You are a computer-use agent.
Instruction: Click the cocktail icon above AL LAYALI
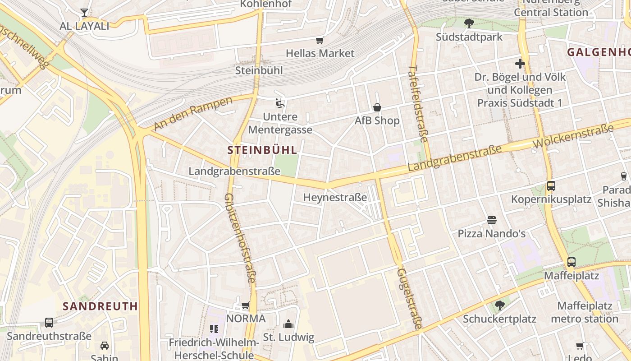point(84,12)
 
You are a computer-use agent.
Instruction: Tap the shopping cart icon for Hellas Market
point(320,41)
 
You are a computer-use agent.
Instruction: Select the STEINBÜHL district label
point(262,150)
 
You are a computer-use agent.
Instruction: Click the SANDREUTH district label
point(100,306)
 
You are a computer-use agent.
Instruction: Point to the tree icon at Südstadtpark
point(469,23)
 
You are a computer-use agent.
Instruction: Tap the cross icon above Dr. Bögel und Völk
point(520,64)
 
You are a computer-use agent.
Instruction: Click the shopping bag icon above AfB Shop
point(377,107)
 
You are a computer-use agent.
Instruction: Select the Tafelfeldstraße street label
point(419,104)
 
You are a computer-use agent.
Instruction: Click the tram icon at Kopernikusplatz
point(551,185)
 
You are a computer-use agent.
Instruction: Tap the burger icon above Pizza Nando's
point(491,220)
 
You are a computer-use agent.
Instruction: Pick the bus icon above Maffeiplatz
point(572,262)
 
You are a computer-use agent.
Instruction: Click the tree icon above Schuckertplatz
point(499,305)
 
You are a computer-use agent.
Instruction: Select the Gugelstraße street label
point(409,298)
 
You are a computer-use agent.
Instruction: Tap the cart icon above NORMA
point(246,305)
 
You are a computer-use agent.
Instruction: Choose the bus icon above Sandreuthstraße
point(49,323)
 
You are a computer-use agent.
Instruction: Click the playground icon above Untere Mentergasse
point(280,104)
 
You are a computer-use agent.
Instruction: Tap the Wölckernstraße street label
point(573,136)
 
